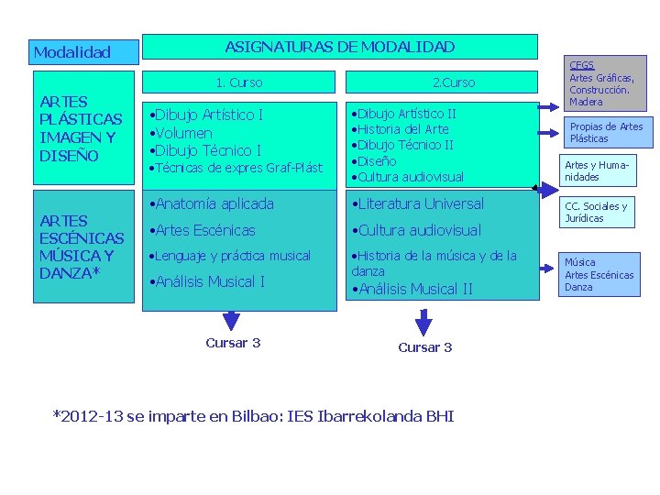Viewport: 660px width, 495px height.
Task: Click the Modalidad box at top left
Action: (x=83, y=52)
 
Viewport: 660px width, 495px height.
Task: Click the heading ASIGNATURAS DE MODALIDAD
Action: (x=340, y=47)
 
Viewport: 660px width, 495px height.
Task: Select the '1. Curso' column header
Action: (x=238, y=83)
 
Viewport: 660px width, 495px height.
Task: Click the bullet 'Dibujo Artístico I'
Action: (x=208, y=115)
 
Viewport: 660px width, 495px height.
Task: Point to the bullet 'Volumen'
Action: (x=183, y=133)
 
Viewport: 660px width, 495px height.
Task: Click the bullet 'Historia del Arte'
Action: (x=403, y=129)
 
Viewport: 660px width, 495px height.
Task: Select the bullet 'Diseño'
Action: (x=377, y=161)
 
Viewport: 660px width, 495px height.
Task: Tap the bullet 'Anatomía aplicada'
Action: (x=214, y=203)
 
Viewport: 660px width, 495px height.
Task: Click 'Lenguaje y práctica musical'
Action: (x=232, y=256)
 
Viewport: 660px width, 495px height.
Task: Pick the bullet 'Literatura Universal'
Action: (x=421, y=203)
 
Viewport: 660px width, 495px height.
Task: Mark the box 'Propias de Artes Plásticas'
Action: (x=606, y=133)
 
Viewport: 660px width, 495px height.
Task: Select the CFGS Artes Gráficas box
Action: (x=606, y=82)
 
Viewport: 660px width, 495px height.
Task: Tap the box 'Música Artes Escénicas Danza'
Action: (x=600, y=275)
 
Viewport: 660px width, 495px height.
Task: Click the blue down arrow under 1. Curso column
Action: (x=232, y=318)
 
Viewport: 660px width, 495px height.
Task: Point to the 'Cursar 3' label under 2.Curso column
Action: (x=424, y=347)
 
